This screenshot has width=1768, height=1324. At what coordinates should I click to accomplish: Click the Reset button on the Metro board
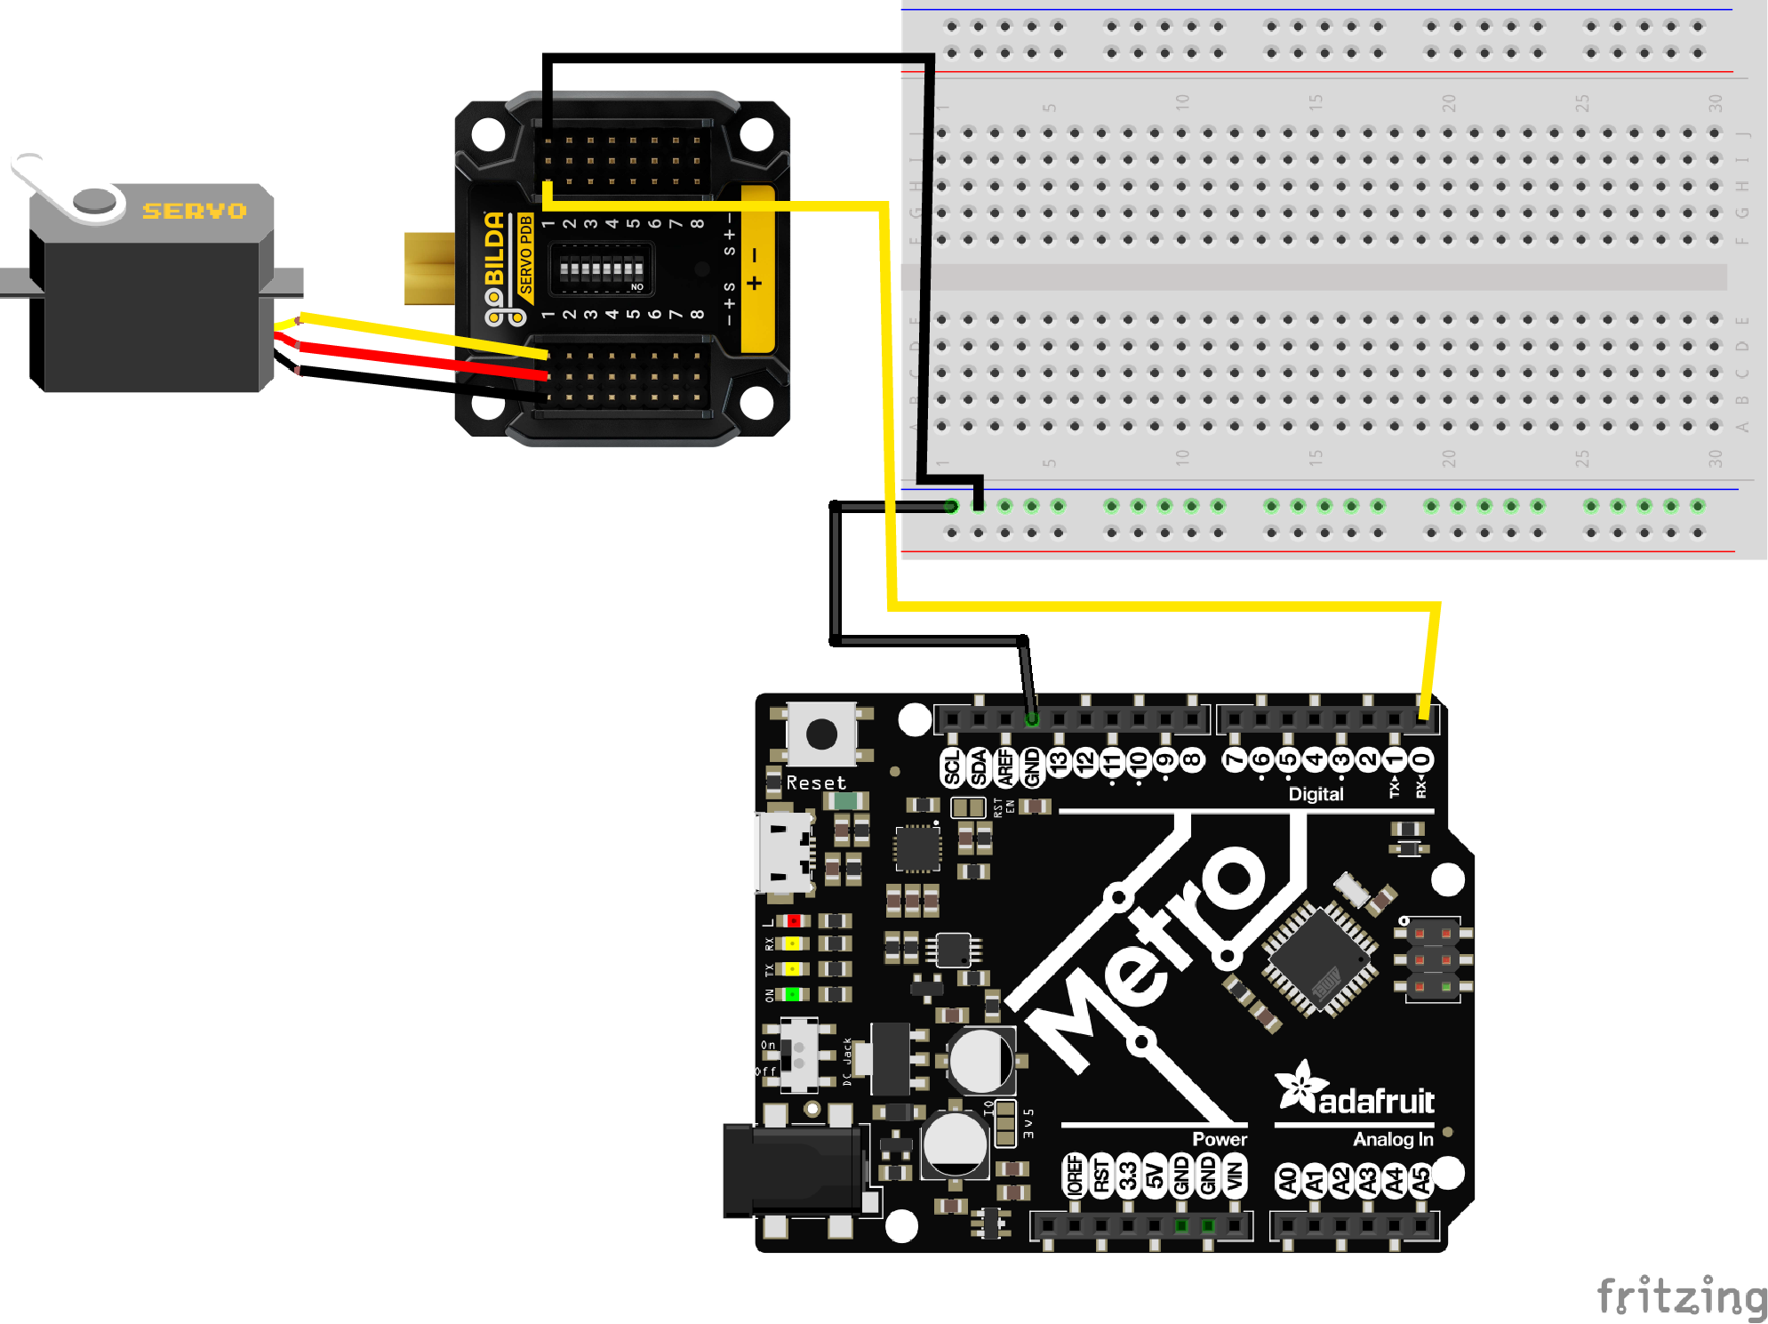[820, 734]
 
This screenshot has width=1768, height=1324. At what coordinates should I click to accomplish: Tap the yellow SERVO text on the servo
[194, 211]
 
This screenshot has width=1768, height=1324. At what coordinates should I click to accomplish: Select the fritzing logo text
[1681, 1296]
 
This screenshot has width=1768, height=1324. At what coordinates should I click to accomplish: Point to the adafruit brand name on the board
[1375, 1102]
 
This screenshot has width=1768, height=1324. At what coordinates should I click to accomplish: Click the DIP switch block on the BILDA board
[602, 269]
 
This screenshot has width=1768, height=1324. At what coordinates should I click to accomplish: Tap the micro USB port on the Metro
[783, 853]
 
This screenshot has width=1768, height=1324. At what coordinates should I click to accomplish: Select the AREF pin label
[1005, 766]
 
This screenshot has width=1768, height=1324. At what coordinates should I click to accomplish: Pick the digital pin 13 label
[1058, 762]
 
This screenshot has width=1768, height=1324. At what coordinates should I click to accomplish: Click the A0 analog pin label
[1287, 1180]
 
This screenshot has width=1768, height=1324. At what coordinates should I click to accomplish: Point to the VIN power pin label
[1234, 1177]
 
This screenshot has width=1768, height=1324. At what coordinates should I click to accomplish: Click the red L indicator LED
[792, 921]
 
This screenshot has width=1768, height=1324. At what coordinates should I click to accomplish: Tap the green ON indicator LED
[792, 994]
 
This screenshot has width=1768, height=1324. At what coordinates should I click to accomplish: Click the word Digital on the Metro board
[1316, 794]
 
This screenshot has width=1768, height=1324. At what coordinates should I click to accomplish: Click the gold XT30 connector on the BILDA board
[429, 269]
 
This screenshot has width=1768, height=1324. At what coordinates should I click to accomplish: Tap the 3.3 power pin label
[1127, 1177]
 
